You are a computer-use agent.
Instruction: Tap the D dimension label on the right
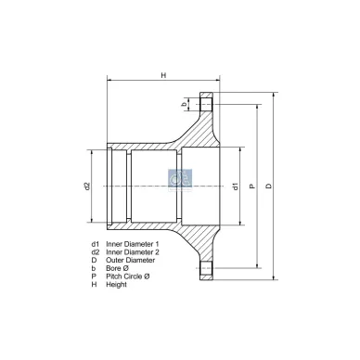[268, 186]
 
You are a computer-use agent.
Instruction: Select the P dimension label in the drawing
[251, 186]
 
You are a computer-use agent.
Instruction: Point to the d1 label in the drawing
[236, 186]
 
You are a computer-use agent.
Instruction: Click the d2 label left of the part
[85, 186]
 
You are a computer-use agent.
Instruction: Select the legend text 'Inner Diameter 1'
[132, 242]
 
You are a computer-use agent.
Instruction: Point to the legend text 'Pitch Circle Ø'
[127, 276]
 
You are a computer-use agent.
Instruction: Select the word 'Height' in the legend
[116, 284]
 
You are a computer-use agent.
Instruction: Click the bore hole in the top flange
[206, 104]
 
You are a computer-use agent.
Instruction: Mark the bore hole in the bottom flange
[206, 270]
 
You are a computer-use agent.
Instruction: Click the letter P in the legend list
[94, 276]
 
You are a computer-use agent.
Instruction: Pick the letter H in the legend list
[94, 284]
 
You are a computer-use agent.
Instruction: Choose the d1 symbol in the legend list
[95, 242]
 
